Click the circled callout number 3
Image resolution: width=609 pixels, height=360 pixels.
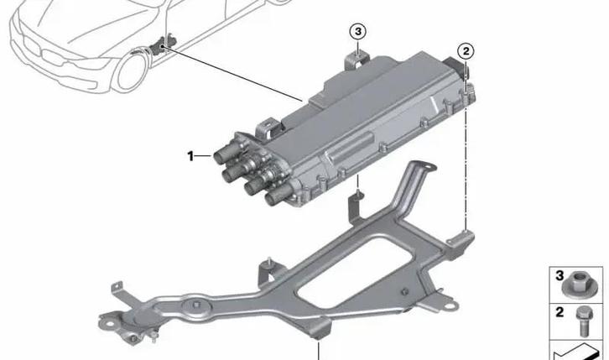tap(358, 31)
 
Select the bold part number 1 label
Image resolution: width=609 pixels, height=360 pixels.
tap(190, 155)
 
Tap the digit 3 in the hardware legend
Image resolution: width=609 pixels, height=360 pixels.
tap(558, 275)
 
